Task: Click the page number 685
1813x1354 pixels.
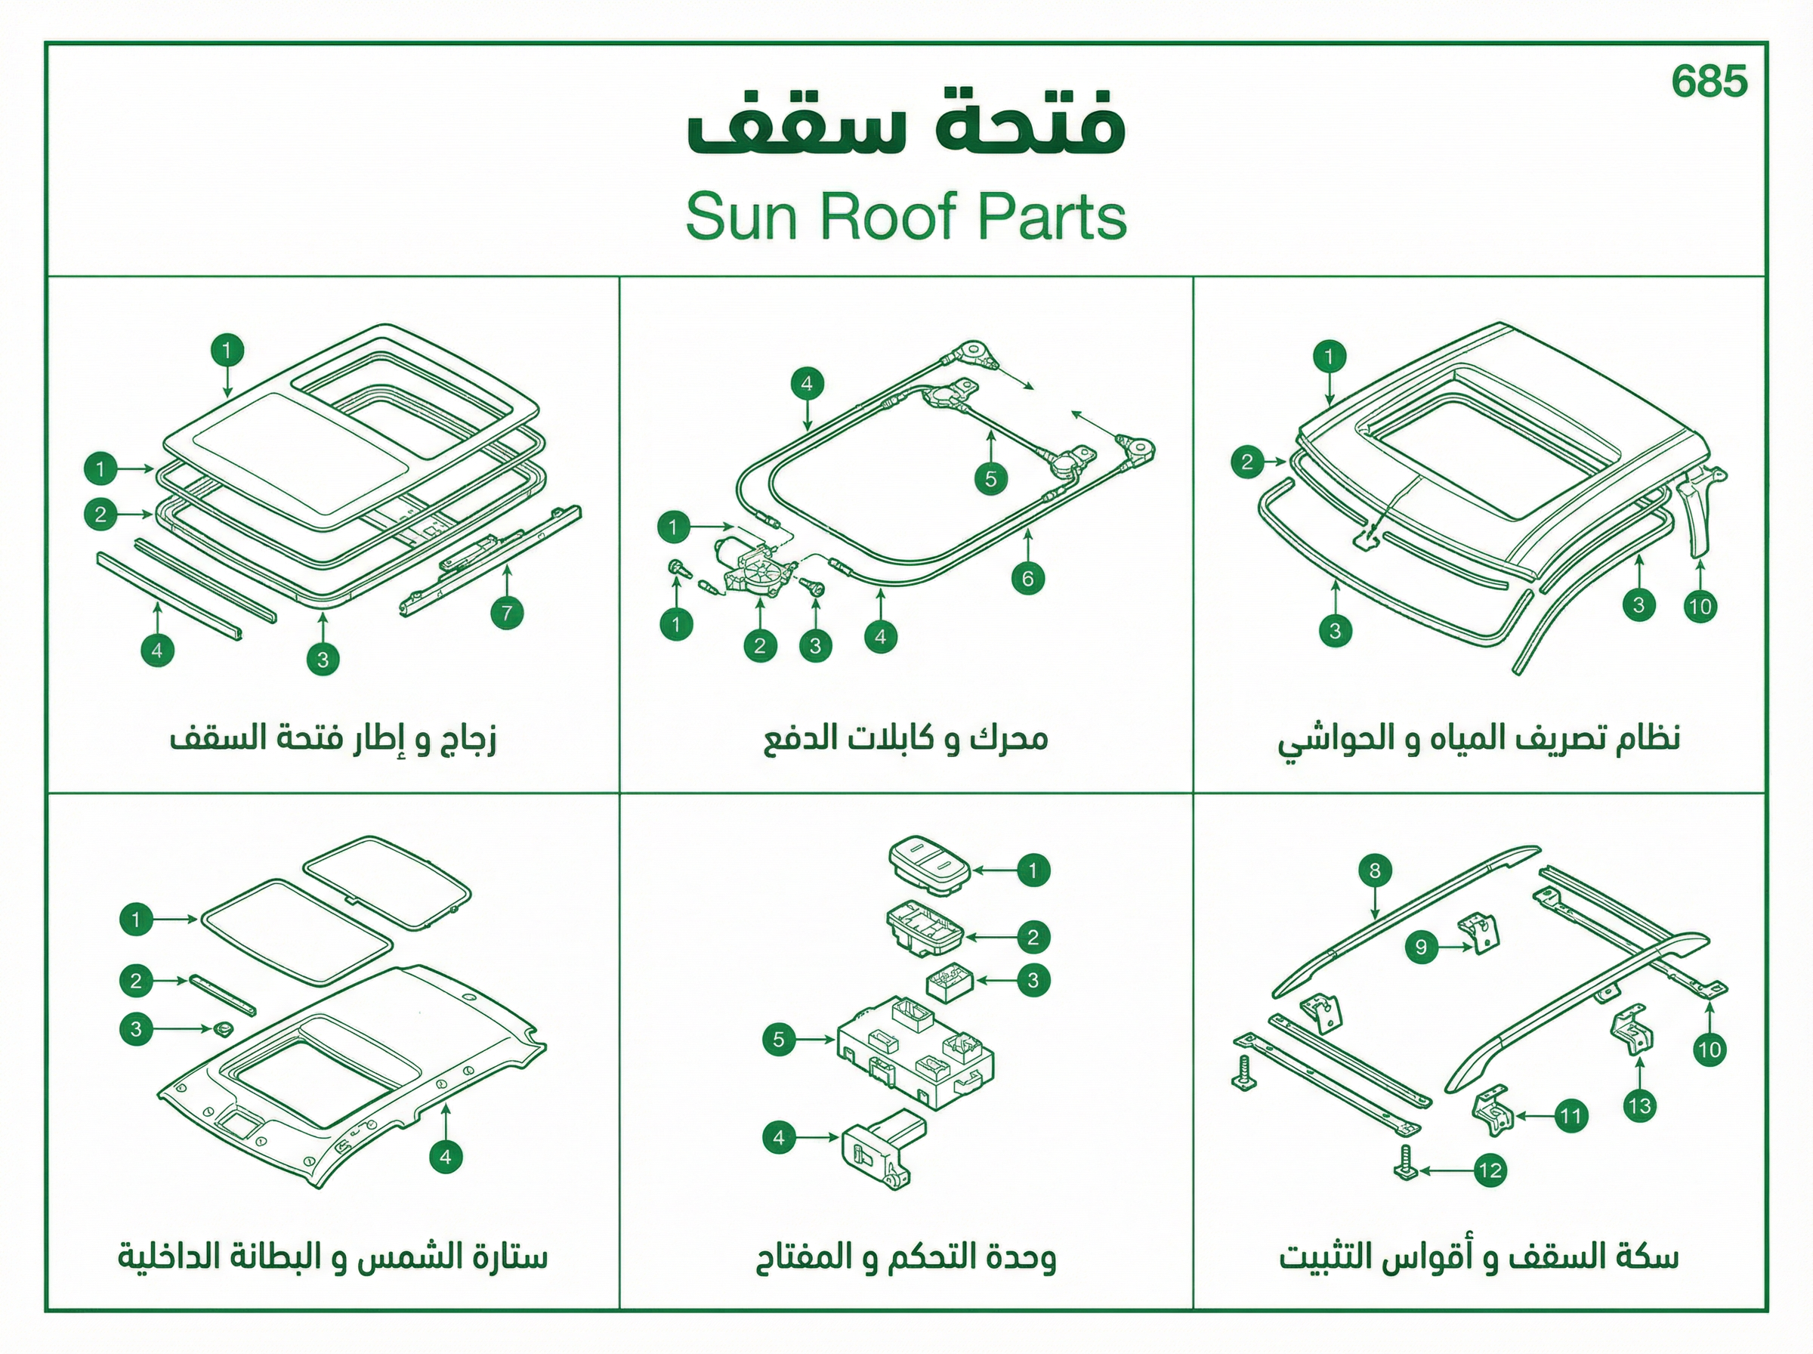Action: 1709,81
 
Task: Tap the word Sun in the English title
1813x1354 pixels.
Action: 741,216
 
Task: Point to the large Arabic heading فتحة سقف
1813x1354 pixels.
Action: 906,122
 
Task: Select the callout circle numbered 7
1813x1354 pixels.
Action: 507,613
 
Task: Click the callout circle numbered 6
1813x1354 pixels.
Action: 1027,580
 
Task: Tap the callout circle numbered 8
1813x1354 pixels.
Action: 1375,870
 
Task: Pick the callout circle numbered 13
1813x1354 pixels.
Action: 1639,1106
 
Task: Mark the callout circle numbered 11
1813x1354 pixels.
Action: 1571,1115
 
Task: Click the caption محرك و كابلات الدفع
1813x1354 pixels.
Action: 905,738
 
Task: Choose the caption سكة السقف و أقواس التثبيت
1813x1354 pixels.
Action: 1479,1257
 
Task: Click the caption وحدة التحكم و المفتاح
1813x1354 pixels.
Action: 905,1257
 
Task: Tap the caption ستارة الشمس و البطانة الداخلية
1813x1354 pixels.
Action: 332,1257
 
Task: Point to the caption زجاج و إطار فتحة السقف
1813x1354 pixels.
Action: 332,738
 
